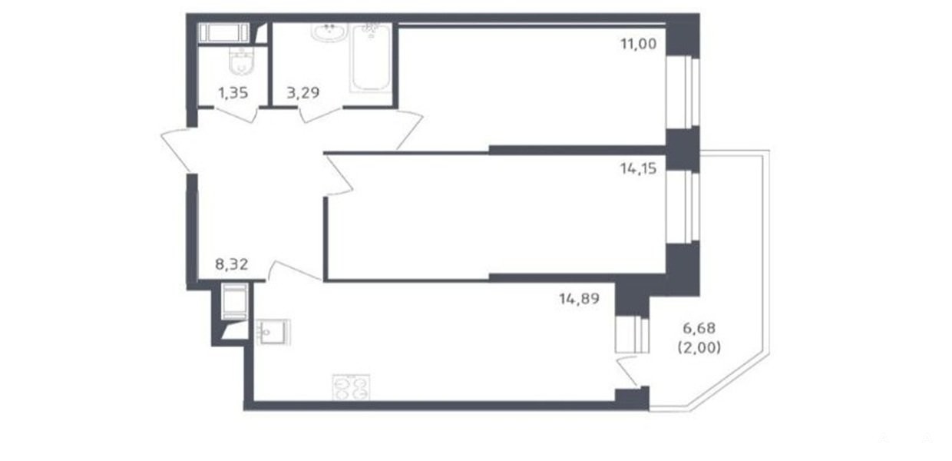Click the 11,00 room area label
[638, 44]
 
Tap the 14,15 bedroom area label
[638, 169]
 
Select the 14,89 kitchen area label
[580, 299]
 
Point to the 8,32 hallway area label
[232, 264]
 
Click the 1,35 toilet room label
[233, 92]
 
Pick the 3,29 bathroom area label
[303, 92]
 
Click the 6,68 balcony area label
[699, 328]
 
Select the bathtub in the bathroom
[371, 58]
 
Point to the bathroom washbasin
[329, 32]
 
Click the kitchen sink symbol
[273, 332]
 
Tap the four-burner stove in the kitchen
[351, 387]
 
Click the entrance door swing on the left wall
[176, 151]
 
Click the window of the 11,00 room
[683, 92]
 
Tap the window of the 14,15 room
[683, 207]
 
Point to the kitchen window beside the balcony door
[632, 334]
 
